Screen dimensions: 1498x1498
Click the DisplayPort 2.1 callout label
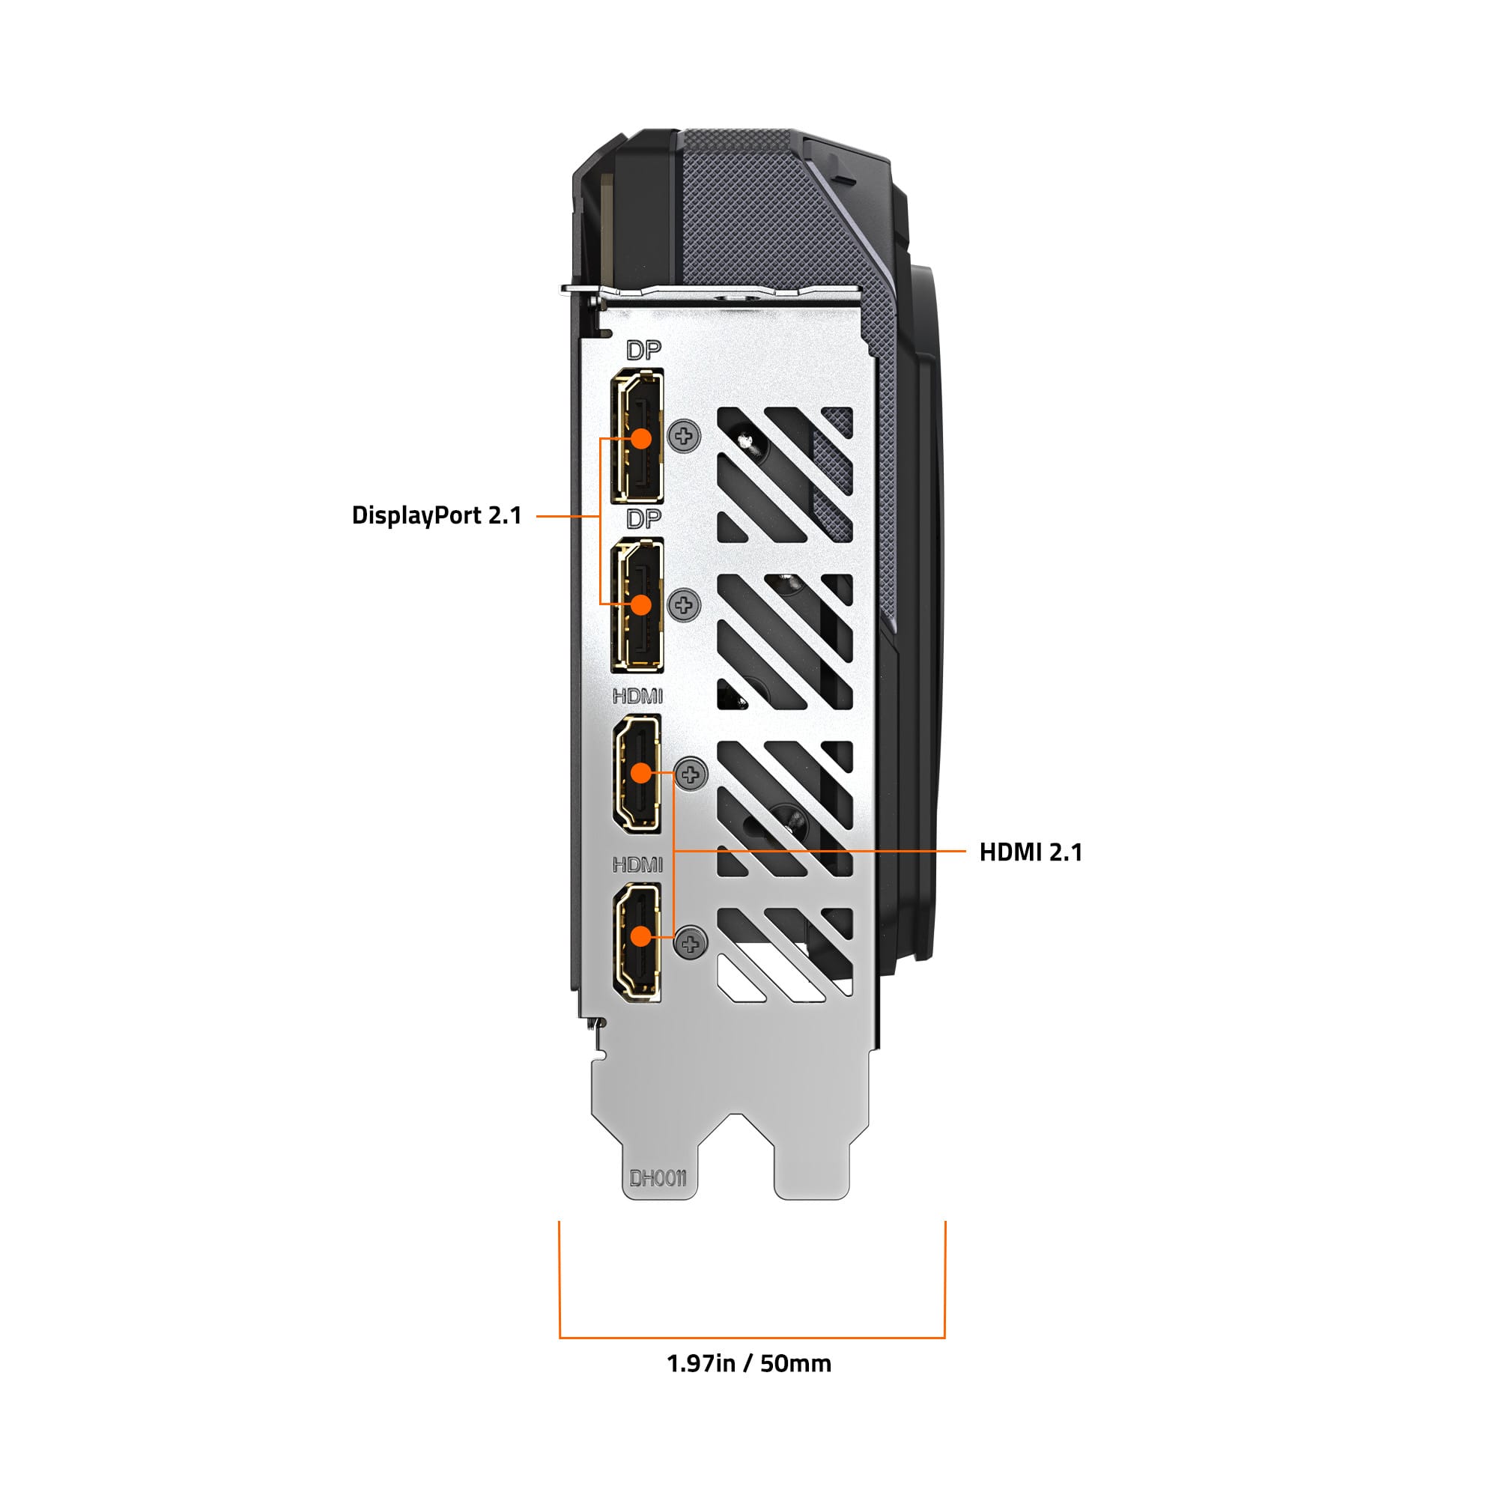(x=437, y=515)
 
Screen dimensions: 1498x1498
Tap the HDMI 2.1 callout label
(x=1031, y=852)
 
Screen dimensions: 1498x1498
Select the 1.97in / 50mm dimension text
(x=749, y=1385)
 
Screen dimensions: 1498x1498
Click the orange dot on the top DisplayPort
(x=640, y=438)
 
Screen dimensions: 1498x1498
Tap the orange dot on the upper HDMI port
(x=640, y=773)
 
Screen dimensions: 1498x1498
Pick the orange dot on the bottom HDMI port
(x=640, y=937)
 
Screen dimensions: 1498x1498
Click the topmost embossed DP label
(x=643, y=351)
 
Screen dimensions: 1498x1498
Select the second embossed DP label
(x=643, y=518)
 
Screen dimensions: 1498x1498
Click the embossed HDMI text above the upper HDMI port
(x=637, y=697)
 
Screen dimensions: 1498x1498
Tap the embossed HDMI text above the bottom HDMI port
(x=637, y=864)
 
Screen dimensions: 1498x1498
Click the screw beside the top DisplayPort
(x=684, y=437)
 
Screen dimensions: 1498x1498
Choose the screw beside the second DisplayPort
(x=684, y=604)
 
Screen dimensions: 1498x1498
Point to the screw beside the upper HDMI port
(x=691, y=774)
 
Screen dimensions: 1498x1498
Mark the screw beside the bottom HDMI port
(x=691, y=943)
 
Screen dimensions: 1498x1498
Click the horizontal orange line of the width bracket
(x=752, y=1338)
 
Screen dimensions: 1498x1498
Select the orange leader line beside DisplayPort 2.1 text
(x=568, y=515)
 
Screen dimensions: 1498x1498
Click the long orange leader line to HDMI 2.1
(x=820, y=852)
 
